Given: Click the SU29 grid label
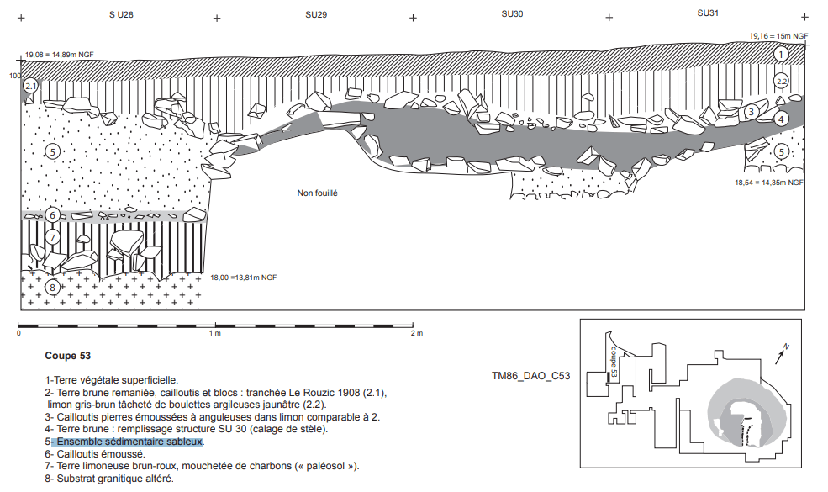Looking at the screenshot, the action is coord(316,15).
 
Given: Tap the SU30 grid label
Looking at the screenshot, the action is coord(512,13).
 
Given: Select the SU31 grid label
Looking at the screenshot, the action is coord(708,13).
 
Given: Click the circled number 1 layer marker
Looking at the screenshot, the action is coord(781,54).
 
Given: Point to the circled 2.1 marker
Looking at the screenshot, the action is coord(30,86).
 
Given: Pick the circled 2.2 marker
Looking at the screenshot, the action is coord(781,81).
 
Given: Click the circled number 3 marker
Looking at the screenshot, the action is coord(751,112).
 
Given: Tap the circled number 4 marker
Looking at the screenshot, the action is coord(781,119).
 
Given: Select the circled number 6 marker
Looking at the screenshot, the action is coord(52,214).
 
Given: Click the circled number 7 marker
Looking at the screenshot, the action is coord(52,237).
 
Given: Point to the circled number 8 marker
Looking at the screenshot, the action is coord(52,288).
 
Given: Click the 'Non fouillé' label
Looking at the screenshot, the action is coord(317,193).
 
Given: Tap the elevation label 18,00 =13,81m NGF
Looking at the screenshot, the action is coord(244,278).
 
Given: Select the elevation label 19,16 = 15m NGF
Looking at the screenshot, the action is coord(778,36).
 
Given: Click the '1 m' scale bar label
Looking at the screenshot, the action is coord(214,333).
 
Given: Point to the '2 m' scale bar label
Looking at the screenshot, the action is coord(417,333).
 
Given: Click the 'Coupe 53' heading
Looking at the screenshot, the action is coord(67,356).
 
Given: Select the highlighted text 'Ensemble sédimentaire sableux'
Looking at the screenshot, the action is coord(129,442).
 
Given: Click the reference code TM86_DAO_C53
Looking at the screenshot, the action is coord(530,376).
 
